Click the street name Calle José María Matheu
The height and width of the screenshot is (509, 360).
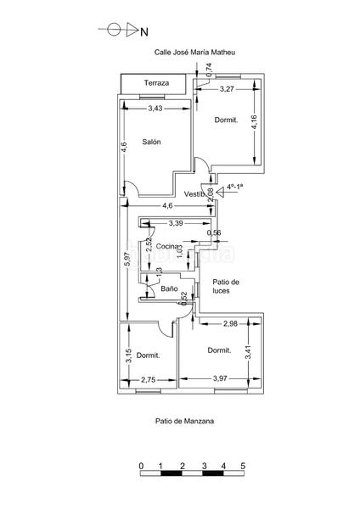[x=194, y=52]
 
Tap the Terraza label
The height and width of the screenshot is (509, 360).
[x=156, y=83]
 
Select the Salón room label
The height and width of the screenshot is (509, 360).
[x=152, y=143]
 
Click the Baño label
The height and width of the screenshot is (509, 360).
[x=169, y=289]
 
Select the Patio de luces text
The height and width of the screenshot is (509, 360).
[x=226, y=286]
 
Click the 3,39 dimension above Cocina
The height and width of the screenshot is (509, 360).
[x=176, y=223]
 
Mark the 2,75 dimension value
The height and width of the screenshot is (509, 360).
[x=149, y=381]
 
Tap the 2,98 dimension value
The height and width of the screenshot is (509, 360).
[x=230, y=324]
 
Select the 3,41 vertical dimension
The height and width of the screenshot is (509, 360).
[x=248, y=348]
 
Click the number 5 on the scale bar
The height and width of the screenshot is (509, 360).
[x=243, y=467]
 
